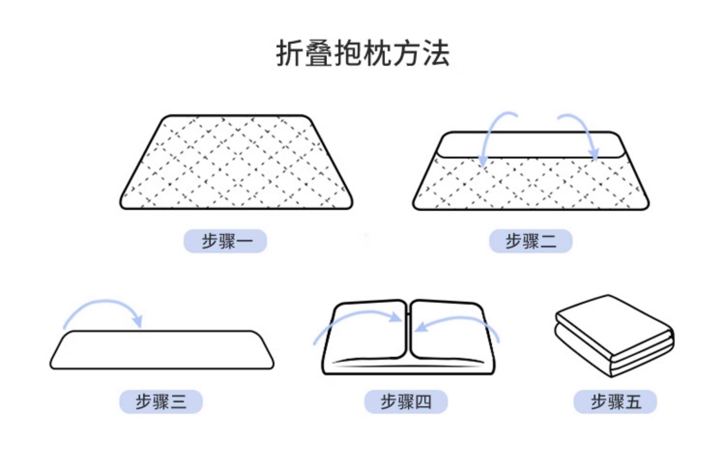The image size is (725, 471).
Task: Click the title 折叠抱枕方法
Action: tap(362, 53)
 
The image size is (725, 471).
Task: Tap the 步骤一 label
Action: tap(225, 241)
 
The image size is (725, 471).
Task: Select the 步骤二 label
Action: tap(530, 241)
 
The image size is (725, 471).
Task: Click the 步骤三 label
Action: tap(161, 401)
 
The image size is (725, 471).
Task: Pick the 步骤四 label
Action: tap(406, 401)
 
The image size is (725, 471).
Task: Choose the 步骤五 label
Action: tap(615, 401)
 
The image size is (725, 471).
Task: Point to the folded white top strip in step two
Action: tap(531, 145)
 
